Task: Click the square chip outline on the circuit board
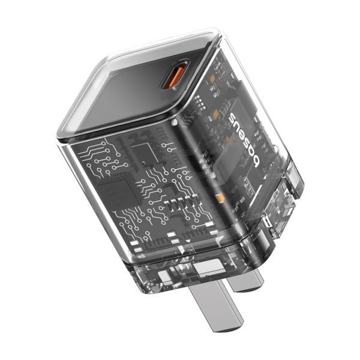[x=142, y=152]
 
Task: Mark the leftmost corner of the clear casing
[x=58, y=139]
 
